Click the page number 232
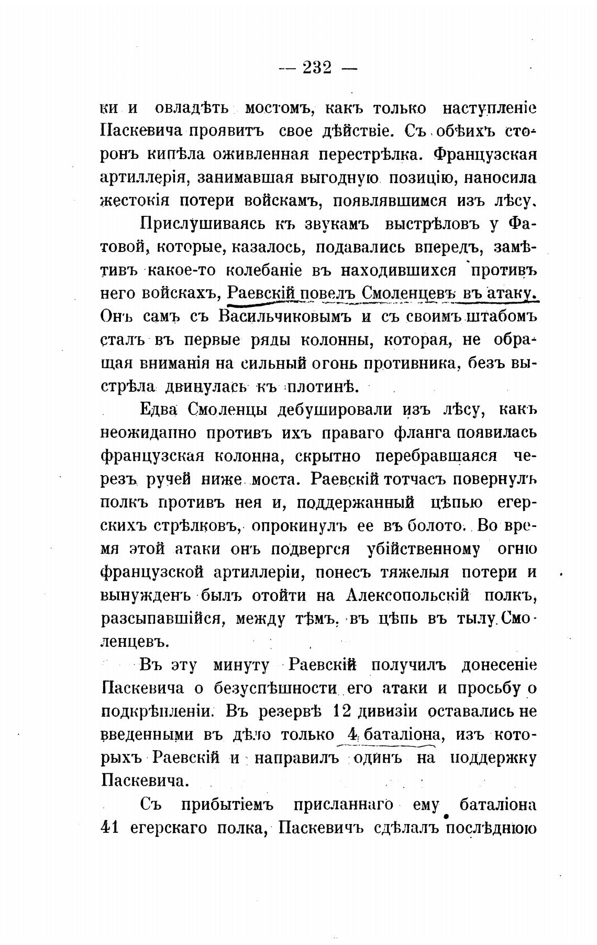317,68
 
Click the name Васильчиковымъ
289,316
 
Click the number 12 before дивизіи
344,711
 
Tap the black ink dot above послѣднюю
447,816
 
